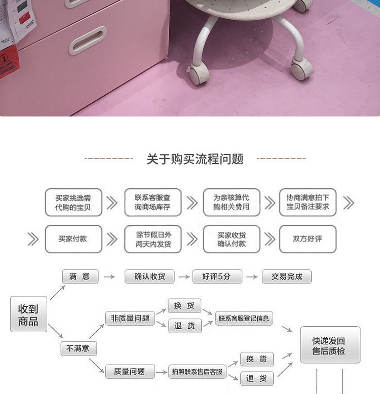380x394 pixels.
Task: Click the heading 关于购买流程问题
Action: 195,160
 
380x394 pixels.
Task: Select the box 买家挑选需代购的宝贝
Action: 73,203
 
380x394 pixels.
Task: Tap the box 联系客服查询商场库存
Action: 153,203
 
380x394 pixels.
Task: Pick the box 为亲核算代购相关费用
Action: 232,203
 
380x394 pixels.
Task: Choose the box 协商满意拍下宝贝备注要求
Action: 308,203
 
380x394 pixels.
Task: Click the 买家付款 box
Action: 73,239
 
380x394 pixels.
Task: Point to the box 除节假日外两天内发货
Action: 153,239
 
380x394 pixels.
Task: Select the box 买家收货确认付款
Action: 232,239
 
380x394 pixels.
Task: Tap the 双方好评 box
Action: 308,239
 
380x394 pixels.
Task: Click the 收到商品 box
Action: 28,314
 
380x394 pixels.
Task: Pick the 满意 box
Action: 80,277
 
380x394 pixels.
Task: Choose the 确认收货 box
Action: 149,277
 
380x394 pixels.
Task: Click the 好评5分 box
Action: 217,277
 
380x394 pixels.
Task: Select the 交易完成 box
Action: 287,277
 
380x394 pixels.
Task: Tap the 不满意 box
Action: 79,348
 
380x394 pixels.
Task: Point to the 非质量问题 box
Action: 130,318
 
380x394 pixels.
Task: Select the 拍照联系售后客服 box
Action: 197,372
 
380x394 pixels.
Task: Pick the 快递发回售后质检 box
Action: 330,345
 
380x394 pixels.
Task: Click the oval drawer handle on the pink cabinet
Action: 87,41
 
